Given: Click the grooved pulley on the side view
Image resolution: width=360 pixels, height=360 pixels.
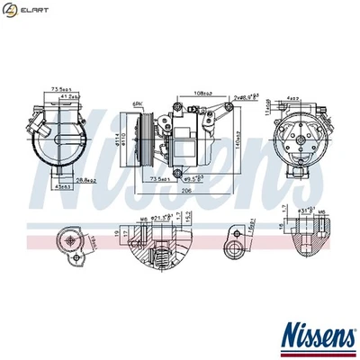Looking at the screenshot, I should pyautogui.click(x=143, y=139).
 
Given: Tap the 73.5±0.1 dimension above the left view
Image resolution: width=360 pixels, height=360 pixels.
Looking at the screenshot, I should pyautogui.click(x=60, y=90).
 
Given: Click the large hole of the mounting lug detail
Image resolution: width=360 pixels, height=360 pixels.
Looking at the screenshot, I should pyautogui.click(x=235, y=237).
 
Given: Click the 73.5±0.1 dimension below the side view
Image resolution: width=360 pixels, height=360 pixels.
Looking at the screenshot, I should pyautogui.click(x=161, y=180).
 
